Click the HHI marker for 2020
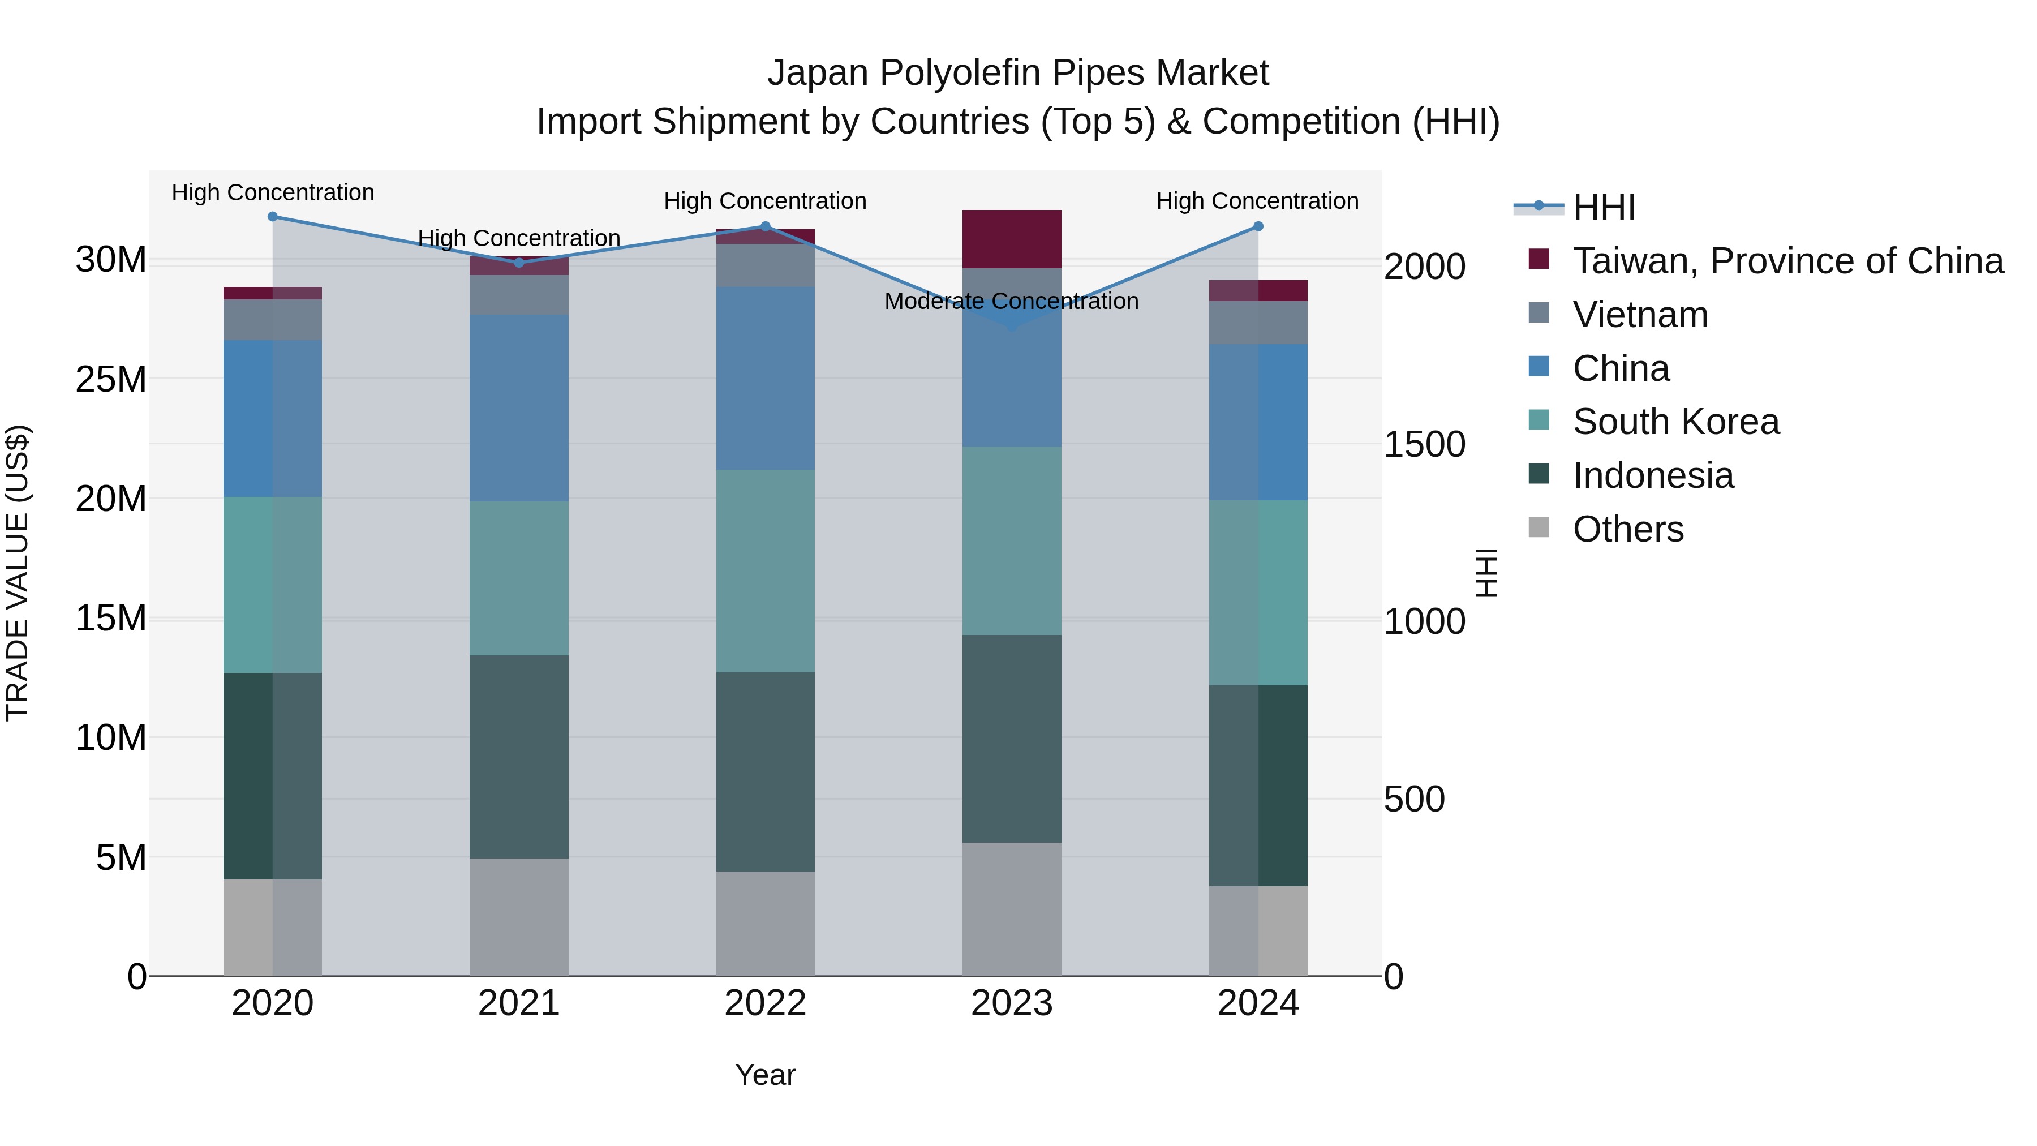pyautogui.click(x=273, y=217)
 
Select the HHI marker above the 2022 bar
pyautogui.click(x=766, y=227)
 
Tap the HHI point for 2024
pyautogui.click(x=1258, y=227)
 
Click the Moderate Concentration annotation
pyautogui.click(x=1011, y=301)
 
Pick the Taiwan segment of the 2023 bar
pyautogui.click(x=1011, y=239)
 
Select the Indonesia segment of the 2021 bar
pyautogui.click(x=519, y=757)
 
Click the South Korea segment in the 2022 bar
pyautogui.click(x=766, y=571)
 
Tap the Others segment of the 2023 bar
pyautogui.click(x=1011, y=909)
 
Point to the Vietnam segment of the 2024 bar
pyautogui.click(x=1258, y=323)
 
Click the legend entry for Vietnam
pyautogui.click(x=1640, y=315)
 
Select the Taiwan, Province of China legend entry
pyautogui.click(x=1787, y=261)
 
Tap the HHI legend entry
pyautogui.click(x=1603, y=207)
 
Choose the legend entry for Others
pyautogui.click(x=1627, y=529)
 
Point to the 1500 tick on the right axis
pyautogui.click(x=1424, y=444)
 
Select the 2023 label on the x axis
pyautogui.click(x=1011, y=1003)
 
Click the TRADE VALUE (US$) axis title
pyautogui.click(x=18, y=573)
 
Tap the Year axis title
pyautogui.click(x=764, y=1075)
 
